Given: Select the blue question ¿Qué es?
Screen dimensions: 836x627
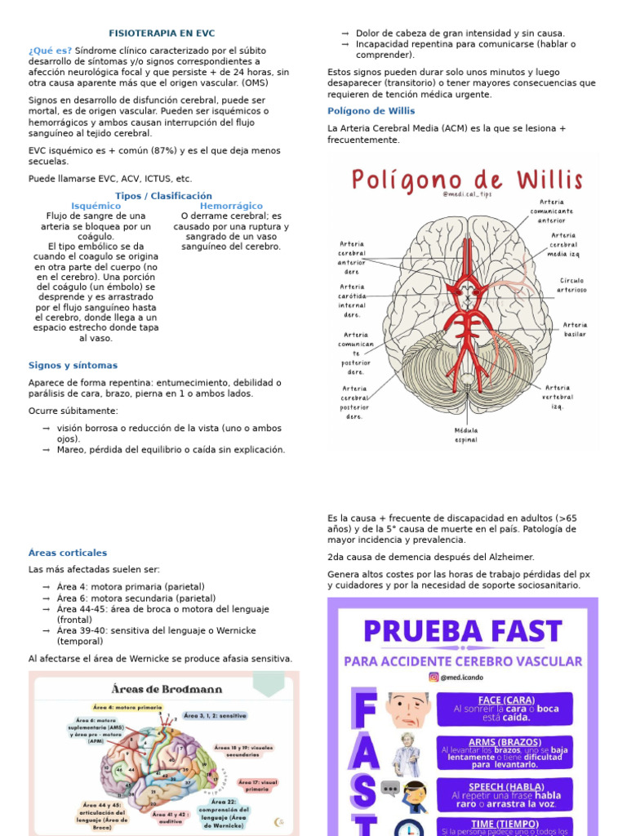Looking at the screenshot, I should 50,50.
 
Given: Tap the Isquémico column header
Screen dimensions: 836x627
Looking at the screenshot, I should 96,206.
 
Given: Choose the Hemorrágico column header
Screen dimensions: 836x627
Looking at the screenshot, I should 231,206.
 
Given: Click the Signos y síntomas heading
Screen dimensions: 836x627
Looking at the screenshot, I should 73,365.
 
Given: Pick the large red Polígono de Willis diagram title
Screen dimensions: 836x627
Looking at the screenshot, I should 467,179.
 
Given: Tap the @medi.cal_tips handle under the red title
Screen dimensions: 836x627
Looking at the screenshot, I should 467,194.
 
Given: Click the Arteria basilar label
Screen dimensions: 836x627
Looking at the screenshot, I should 575,329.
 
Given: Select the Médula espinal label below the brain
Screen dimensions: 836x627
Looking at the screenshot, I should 466,434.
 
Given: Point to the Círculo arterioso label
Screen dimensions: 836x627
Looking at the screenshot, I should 571,284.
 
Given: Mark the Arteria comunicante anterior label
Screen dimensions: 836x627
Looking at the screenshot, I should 551,211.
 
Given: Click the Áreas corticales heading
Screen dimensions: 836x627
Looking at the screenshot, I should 68,553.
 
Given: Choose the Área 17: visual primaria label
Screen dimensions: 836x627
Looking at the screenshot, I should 258,785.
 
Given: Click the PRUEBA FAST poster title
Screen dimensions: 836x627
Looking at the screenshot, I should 462,630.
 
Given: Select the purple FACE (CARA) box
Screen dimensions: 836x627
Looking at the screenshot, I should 505,709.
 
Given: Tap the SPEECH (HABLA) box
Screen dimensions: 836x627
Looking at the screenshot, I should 505,794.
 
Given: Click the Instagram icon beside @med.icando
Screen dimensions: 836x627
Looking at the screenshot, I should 434,677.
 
